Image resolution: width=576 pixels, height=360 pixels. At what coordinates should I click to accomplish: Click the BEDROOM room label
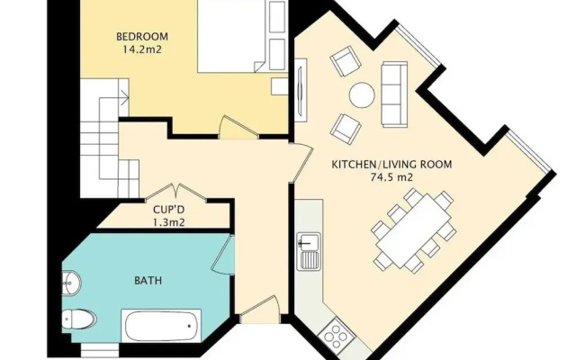(142, 37)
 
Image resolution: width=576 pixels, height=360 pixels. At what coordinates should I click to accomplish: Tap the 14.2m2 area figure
(143, 49)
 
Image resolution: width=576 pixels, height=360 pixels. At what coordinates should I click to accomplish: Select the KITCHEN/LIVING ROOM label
(391, 164)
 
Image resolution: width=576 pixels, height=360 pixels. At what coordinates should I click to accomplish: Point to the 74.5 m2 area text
(391, 177)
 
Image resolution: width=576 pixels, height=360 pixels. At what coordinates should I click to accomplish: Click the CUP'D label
(168, 210)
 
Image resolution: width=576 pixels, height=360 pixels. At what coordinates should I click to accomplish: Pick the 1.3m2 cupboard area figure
(168, 222)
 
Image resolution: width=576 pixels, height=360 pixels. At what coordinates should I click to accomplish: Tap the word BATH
(148, 281)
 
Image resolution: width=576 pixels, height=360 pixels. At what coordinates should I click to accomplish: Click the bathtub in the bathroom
(161, 326)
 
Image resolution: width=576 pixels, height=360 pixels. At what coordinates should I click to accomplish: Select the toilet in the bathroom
(78, 319)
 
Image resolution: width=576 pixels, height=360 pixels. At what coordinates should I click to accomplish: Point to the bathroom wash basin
(71, 283)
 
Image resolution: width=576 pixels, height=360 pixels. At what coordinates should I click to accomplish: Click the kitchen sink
(309, 252)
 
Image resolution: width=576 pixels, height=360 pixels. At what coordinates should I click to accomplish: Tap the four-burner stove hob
(336, 336)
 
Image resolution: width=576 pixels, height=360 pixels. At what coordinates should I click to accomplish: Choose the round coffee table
(362, 94)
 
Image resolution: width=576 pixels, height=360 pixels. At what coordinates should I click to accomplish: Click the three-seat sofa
(394, 94)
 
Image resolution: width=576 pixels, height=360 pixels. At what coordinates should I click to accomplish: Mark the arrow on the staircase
(125, 98)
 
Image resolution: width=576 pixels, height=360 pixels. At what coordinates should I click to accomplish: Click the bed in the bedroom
(231, 36)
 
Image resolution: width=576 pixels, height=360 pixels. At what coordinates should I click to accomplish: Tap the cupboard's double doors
(176, 193)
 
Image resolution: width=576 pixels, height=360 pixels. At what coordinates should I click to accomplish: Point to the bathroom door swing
(223, 255)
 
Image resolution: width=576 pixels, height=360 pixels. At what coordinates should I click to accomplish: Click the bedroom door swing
(238, 128)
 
